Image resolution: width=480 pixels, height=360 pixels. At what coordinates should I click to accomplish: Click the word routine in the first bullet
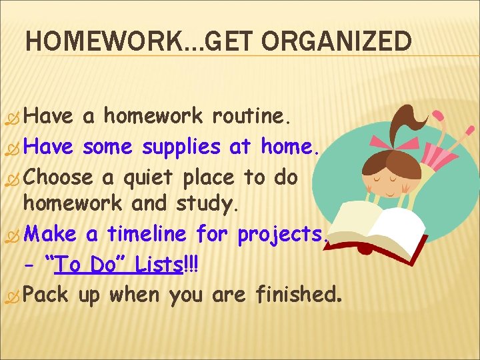[251, 117]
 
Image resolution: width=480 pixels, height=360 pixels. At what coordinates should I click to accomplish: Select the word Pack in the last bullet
[49, 294]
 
